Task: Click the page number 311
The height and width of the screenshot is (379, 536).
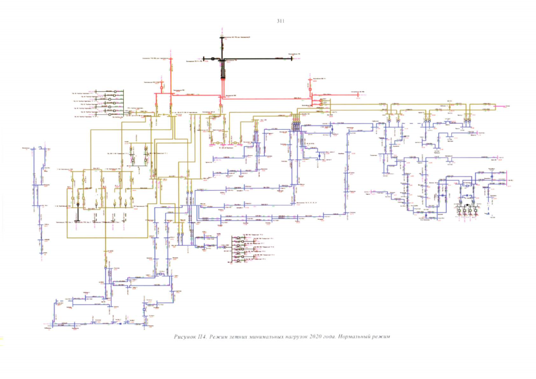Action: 281,21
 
